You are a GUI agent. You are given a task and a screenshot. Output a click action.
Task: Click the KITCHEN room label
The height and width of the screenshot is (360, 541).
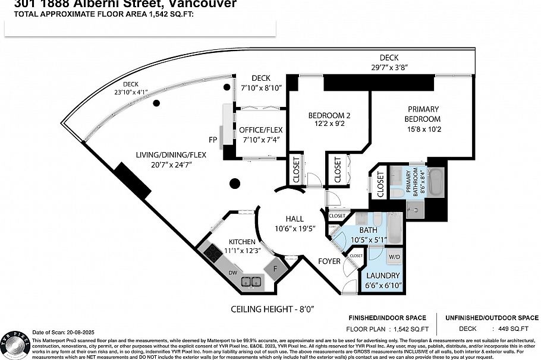click(x=243, y=242)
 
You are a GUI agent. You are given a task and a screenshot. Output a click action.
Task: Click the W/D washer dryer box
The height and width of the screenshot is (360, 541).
click(x=394, y=257)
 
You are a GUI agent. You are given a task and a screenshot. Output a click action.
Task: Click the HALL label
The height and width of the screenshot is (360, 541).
click(x=294, y=219)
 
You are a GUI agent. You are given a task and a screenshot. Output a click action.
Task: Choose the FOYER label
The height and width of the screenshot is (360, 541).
click(x=329, y=261)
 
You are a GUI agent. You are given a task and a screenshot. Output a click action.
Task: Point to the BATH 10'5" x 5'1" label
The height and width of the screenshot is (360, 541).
click(x=369, y=235)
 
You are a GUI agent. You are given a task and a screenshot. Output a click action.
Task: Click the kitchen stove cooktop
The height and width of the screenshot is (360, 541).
click(x=213, y=254)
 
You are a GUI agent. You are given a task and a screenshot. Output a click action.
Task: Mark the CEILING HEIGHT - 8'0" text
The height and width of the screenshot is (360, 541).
click(x=272, y=309)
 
